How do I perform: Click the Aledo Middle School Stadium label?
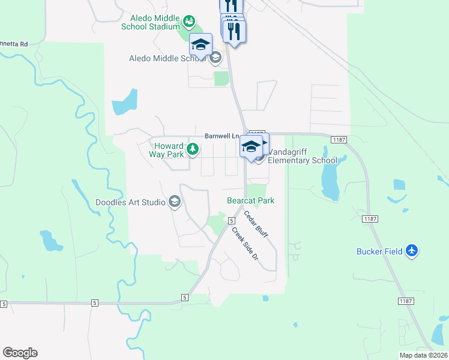click(x=151, y=23)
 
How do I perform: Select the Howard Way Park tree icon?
click(x=193, y=149)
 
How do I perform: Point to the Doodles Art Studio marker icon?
click(x=174, y=202)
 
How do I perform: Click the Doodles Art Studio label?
click(x=130, y=202)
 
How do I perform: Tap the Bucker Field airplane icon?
click(x=411, y=251)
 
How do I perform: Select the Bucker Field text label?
click(x=378, y=251)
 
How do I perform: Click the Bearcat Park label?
click(x=250, y=200)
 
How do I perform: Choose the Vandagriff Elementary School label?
click(x=303, y=156)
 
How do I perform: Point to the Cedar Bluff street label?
click(x=256, y=224)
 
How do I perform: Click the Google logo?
click(x=20, y=353)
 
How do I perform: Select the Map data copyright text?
click(x=423, y=355)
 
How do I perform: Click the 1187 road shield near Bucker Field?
click(x=370, y=220)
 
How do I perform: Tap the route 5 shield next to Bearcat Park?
click(x=231, y=220)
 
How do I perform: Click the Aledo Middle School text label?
click(x=167, y=58)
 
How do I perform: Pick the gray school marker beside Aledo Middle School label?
click(x=215, y=58)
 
